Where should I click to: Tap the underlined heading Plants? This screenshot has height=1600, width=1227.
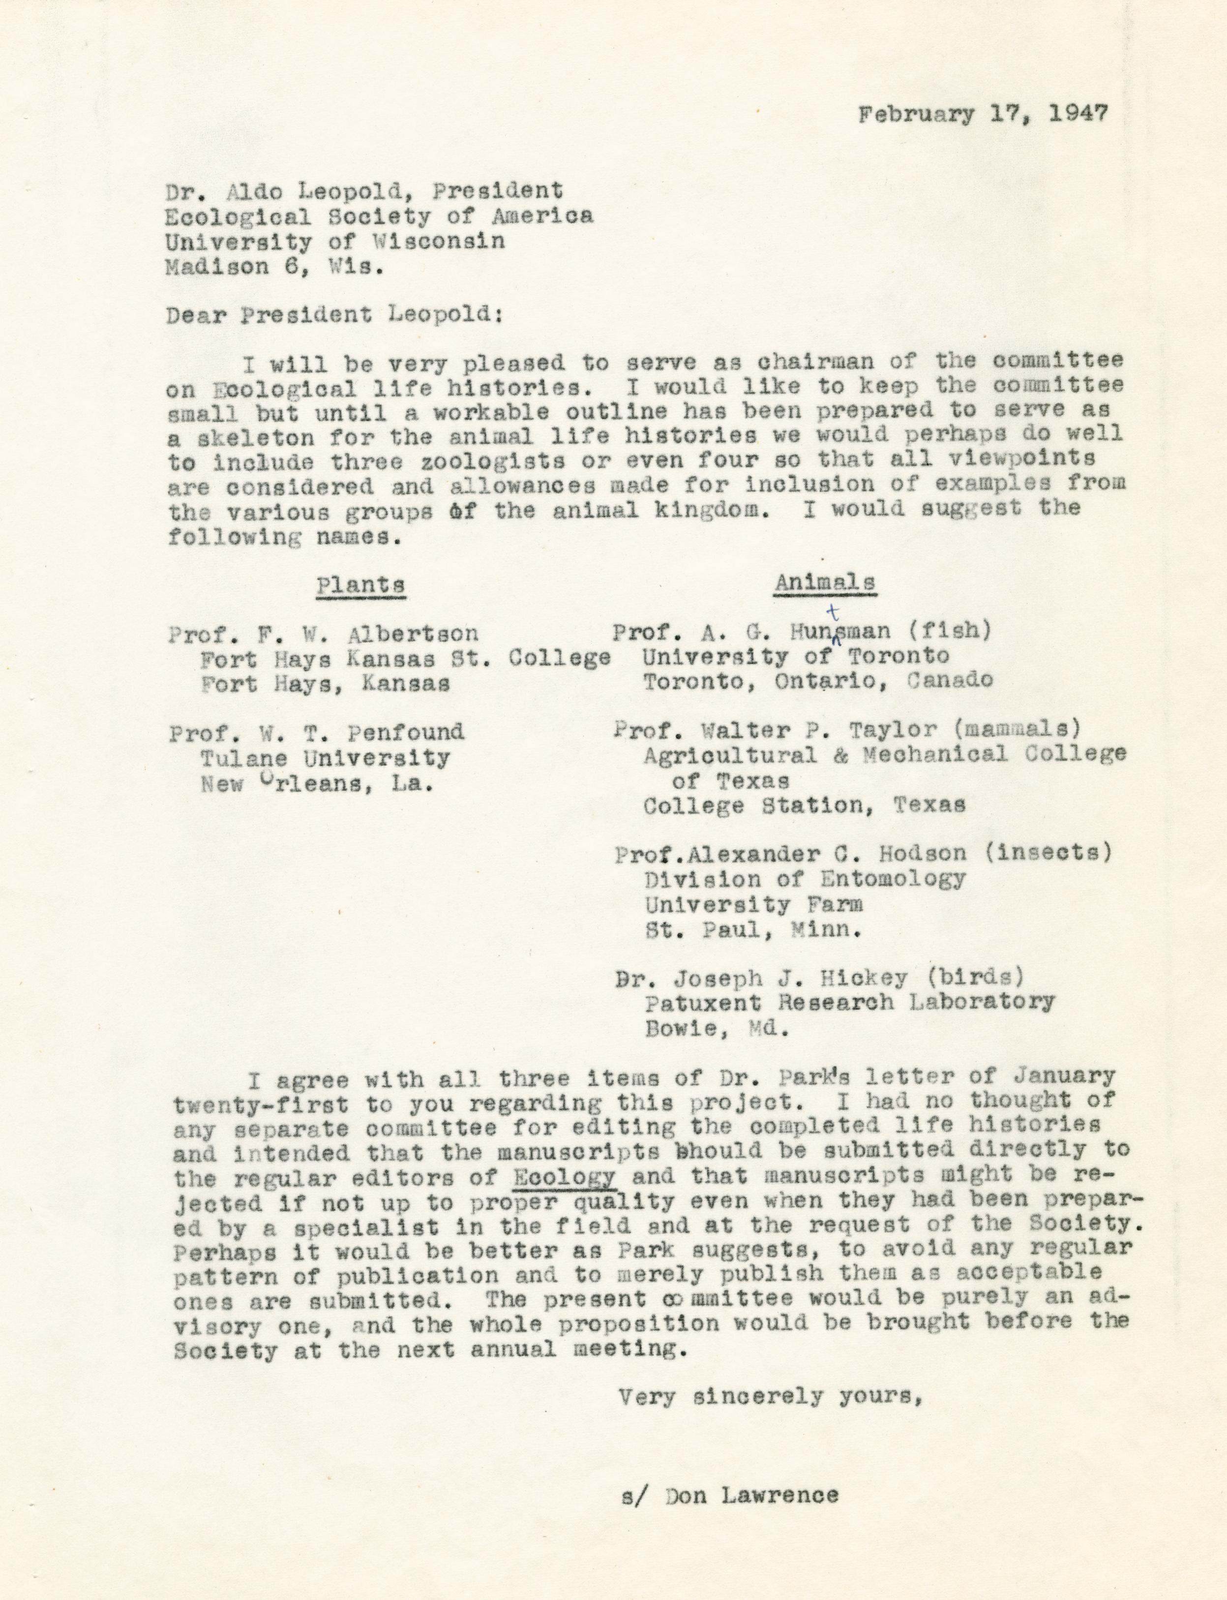pos(361,585)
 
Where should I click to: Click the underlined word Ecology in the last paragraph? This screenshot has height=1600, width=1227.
pos(565,1176)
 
